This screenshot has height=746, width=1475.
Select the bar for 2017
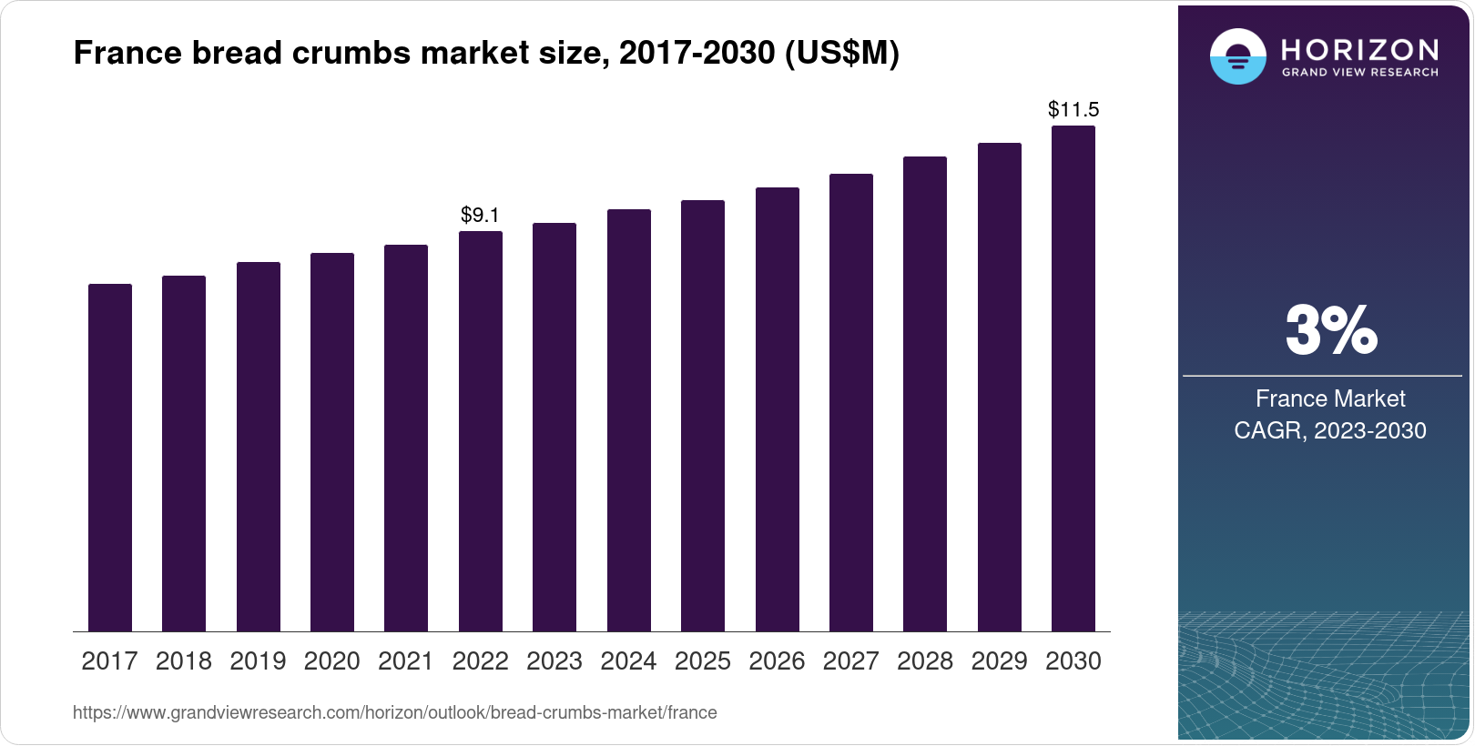coord(110,458)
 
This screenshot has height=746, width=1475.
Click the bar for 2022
coord(481,431)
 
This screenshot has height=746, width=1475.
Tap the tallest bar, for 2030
coord(1073,378)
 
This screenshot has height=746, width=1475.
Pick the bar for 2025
coord(703,416)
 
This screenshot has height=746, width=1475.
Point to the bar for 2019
coord(259,447)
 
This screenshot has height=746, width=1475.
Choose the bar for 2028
coord(925,394)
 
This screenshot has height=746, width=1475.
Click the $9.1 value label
coord(480,216)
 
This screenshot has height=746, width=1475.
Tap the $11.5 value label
coord(1073,110)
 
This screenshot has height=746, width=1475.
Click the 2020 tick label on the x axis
coord(332,661)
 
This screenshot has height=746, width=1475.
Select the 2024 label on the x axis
coord(628,661)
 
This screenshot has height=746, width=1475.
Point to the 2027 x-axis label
coord(850,661)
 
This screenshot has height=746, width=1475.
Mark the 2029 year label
coord(999,661)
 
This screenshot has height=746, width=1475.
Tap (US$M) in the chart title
coord(841,54)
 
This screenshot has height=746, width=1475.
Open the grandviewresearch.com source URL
coord(394,713)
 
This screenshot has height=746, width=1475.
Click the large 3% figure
coord(1330,330)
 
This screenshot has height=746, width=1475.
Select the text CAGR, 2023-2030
coord(1329,430)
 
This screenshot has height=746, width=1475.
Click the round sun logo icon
coord(1237,56)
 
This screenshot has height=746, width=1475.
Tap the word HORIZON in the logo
coord(1359,49)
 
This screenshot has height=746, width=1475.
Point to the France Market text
coord(1329,398)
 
